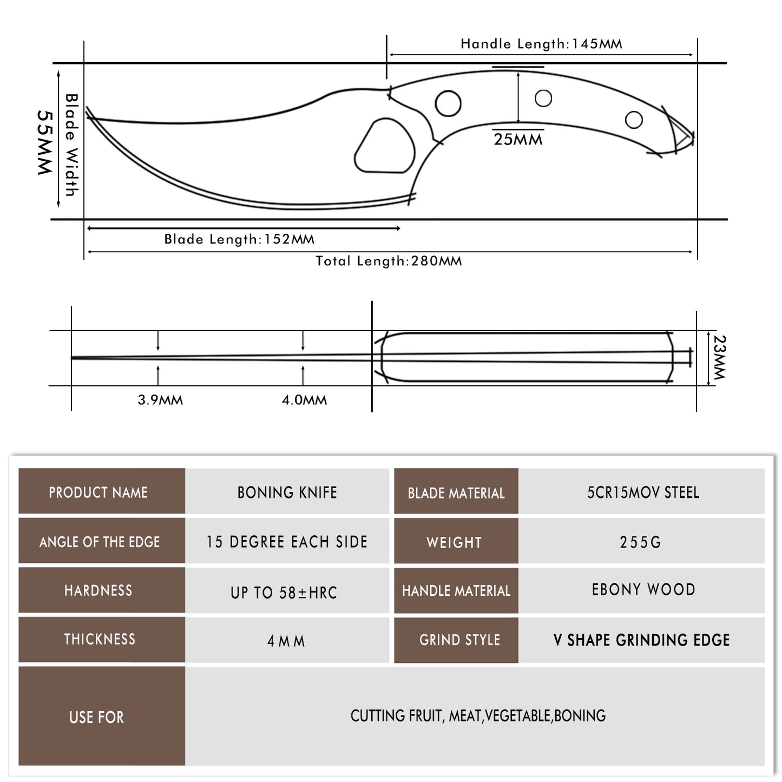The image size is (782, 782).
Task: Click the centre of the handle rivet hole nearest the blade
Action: coord(448,103)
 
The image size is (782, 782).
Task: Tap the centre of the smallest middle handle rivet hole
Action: coord(543,98)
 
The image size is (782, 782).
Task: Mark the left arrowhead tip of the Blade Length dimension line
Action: coord(88,228)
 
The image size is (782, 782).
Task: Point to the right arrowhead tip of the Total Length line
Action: coord(692,252)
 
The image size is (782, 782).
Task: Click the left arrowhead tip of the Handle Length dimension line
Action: coord(389,54)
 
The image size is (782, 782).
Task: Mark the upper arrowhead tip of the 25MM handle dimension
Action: coord(518,73)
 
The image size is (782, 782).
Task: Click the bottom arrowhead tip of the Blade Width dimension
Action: coord(58,207)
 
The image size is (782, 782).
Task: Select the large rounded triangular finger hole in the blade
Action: coord(385,146)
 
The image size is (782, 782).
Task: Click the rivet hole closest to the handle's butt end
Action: coord(634,119)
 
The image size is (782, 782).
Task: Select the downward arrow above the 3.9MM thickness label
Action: coord(158,340)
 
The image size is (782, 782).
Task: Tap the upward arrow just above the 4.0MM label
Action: coord(303,376)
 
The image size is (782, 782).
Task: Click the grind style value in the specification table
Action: coord(641,640)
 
